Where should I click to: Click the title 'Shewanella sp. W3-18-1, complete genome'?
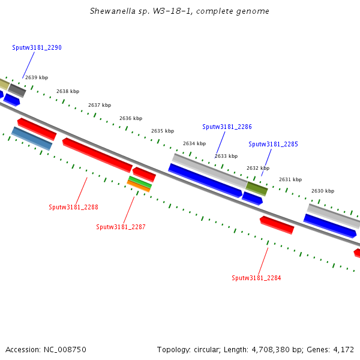coord(179,11)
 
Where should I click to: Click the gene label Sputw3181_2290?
coord(37,47)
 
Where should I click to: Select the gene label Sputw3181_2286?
coord(227,127)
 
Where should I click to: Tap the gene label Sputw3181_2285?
coord(273,144)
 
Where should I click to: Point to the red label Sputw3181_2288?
coord(73,207)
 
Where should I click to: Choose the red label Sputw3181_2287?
coord(121,227)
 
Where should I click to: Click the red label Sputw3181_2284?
coord(256,278)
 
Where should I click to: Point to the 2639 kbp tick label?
coord(36,77)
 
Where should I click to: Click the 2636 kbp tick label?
coord(131,119)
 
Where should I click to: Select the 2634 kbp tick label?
coord(194,143)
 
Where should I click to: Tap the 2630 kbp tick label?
coord(323,191)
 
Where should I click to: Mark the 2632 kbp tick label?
coord(258,168)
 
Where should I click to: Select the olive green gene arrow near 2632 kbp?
coord(256,188)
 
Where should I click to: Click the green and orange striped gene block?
coord(139,184)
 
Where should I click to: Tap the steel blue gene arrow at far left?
coord(32,139)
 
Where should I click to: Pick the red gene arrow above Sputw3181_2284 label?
coord(277,225)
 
